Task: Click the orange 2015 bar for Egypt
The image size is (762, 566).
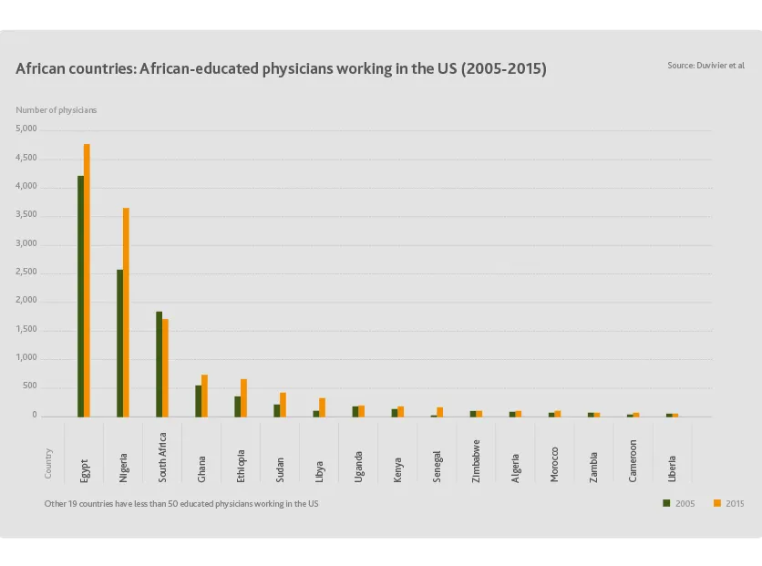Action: (87, 280)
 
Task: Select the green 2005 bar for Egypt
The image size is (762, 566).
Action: (80, 296)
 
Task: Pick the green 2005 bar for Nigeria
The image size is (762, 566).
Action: (119, 343)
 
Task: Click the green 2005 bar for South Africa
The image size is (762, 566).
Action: (159, 364)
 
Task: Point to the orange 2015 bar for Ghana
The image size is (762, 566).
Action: (204, 396)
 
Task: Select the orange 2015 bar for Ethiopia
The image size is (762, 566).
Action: (243, 398)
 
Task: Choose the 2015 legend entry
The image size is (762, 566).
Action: (728, 503)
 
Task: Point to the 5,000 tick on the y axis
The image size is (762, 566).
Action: (26, 129)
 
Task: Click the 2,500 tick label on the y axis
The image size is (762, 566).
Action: (26, 273)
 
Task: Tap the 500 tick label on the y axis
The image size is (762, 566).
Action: (31, 386)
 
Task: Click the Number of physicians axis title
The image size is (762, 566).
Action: (56, 110)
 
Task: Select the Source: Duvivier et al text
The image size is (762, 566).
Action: (705, 66)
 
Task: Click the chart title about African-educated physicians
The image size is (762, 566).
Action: (281, 69)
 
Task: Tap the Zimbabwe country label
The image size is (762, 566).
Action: (477, 460)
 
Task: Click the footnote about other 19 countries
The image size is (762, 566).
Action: (181, 503)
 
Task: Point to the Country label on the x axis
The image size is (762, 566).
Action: (48, 463)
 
